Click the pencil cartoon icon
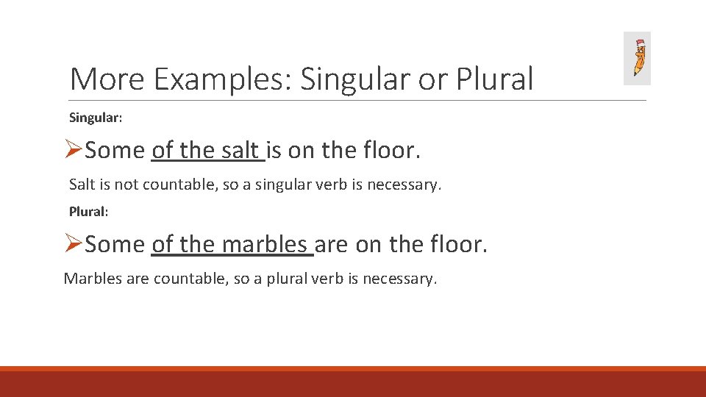tap(637, 58)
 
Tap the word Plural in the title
tap(494, 79)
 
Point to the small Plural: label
tap(88, 212)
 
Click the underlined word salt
tap(240, 151)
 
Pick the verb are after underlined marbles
tap(332, 244)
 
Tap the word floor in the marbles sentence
tap(457, 244)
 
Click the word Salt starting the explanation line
tap(82, 185)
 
